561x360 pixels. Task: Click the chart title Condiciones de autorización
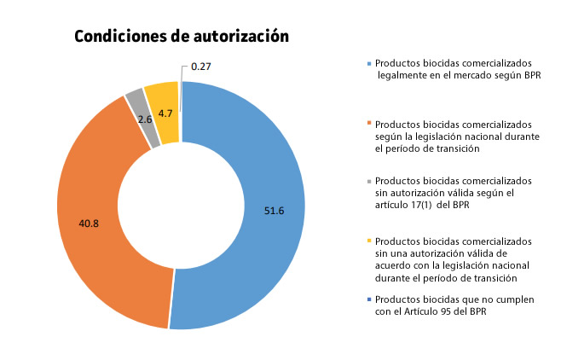click(x=182, y=37)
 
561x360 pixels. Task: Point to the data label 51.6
click(x=275, y=209)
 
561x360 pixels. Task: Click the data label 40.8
click(x=89, y=224)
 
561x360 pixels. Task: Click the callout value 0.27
click(x=202, y=66)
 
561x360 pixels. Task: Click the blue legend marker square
click(x=369, y=64)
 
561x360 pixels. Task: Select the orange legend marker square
click(x=369, y=124)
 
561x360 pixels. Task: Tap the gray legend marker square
click(x=369, y=181)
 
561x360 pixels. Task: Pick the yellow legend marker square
click(x=369, y=241)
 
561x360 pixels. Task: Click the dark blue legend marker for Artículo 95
click(x=369, y=299)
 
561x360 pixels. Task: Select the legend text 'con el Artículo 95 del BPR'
click(x=437, y=311)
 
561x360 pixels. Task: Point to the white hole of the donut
click(x=181, y=205)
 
